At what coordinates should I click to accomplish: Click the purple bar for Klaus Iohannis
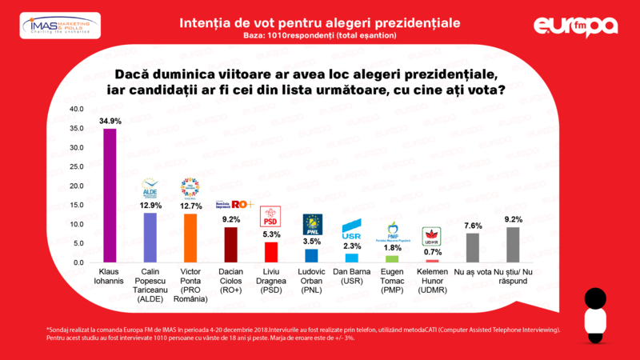pos(110,195)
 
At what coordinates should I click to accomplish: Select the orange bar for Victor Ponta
pos(190,238)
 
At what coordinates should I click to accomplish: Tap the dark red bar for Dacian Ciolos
pos(230,245)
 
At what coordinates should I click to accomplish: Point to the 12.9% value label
pos(150,206)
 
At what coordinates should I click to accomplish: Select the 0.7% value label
pos(432,253)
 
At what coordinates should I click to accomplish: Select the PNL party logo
pos(311,224)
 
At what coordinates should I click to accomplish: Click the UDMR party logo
pos(432,237)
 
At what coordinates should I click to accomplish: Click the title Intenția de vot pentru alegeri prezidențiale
pos(319,22)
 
